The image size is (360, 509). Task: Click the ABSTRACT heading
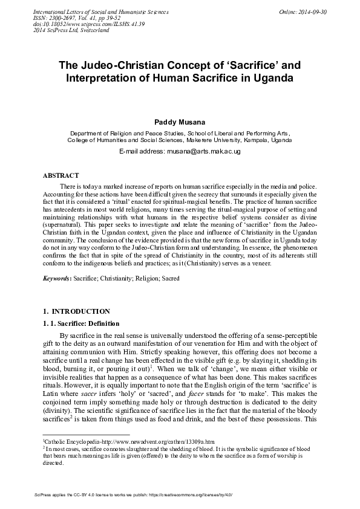[x=62, y=175]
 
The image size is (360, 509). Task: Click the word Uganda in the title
[x=269, y=79]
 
